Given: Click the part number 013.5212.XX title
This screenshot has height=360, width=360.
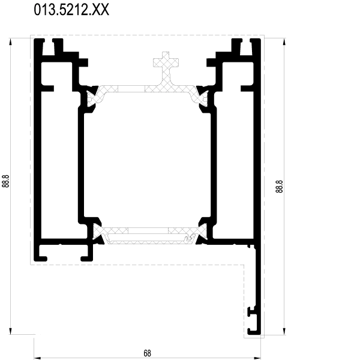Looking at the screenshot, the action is (71, 10).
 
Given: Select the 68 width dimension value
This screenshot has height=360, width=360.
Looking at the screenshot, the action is (147, 353).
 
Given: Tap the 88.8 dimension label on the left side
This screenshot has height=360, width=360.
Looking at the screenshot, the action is (5, 181).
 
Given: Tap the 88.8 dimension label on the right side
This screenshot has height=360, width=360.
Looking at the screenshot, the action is (279, 187).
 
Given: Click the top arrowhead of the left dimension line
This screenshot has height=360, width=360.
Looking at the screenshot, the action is (10, 42).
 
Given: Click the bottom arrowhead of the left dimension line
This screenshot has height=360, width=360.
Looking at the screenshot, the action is (10, 331).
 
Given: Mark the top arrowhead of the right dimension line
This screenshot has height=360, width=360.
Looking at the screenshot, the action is (284, 42).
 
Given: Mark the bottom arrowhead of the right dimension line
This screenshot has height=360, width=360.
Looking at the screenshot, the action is (284, 331).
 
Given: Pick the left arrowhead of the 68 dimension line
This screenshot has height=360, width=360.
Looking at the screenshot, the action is (38, 358).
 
